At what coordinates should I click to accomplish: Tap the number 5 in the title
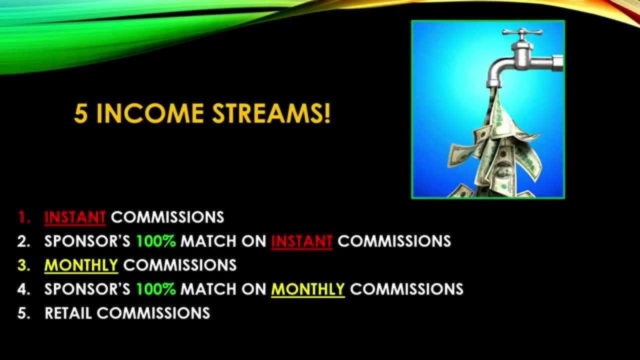[x=80, y=114]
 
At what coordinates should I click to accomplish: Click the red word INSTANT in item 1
[x=75, y=217]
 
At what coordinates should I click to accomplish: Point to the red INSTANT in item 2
[x=301, y=241]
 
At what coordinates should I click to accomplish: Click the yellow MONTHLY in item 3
[x=81, y=265]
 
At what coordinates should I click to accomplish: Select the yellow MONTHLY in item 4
[x=308, y=289]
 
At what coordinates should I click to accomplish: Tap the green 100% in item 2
[x=156, y=241]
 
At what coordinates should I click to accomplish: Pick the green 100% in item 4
[x=156, y=289]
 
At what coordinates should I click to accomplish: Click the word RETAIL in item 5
[x=68, y=313]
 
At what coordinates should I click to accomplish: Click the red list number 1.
[x=23, y=217]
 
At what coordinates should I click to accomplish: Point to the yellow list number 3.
[x=23, y=265]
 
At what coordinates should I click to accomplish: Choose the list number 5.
[x=23, y=313]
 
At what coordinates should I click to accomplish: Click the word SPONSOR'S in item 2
[x=87, y=241]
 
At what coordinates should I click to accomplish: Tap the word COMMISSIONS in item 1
[x=167, y=217]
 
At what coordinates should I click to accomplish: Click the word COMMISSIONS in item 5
[x=153, y=313]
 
